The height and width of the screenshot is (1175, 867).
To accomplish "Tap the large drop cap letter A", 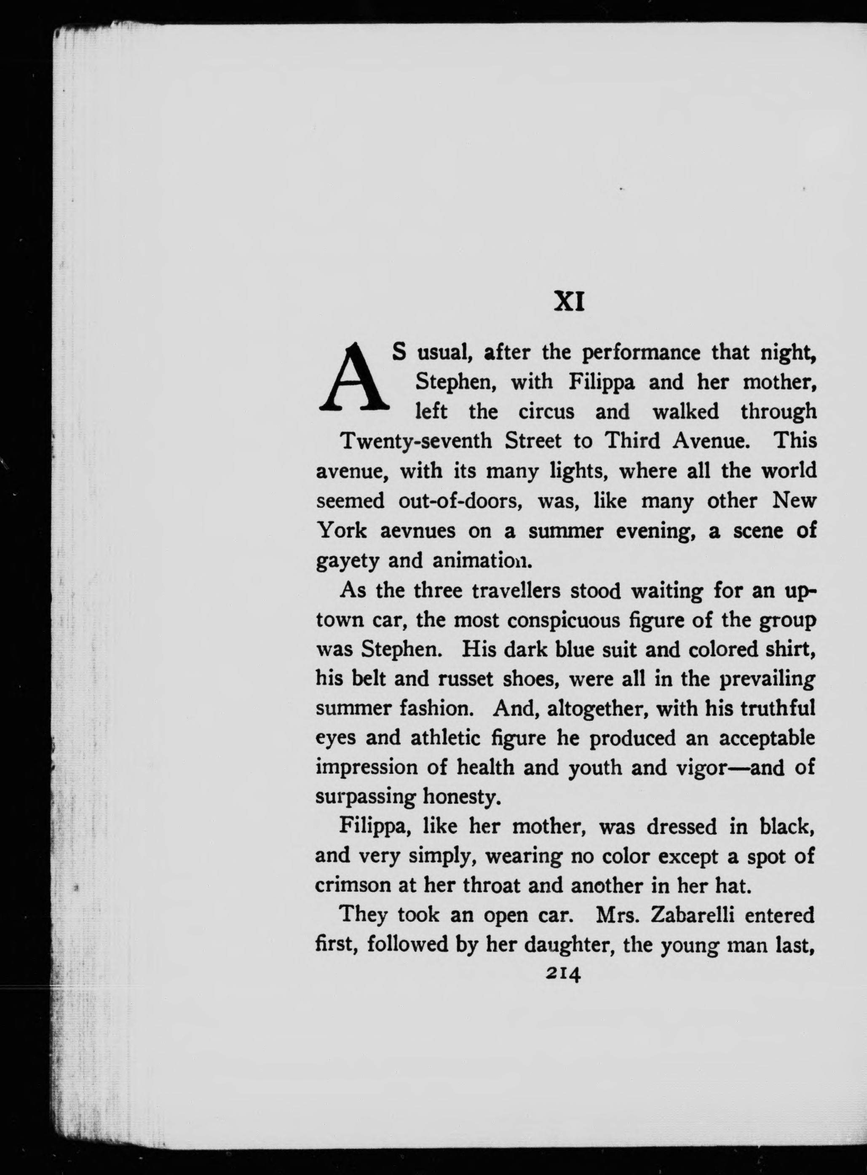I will coord(354,376).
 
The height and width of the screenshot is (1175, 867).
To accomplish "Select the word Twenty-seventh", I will coord(417,441).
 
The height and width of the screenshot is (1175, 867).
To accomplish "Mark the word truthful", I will coord(771,709).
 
